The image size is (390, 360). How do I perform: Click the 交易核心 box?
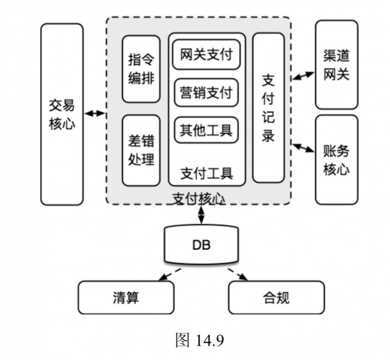click(62, 114)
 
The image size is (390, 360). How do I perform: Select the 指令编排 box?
click(141, 69)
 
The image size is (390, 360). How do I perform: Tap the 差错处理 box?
click(141, 150)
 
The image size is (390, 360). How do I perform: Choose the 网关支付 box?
click(206, 55)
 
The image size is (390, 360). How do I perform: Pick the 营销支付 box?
click(206, 93)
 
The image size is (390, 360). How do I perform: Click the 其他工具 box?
click(206, 130)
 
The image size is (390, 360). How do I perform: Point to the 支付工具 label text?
click(207, 173)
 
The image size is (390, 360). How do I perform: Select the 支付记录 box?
click(268, 108)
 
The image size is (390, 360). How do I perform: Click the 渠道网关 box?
click(336, 65)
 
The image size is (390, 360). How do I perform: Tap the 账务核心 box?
click(336, 160)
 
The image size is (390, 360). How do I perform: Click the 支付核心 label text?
click(198, 199)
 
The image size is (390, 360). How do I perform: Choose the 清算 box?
click(126, 297)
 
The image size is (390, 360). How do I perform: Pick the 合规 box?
click(276, 297)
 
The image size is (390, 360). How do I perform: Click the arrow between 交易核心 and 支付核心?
click(95, 113)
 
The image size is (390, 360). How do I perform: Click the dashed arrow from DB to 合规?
click(238, 274)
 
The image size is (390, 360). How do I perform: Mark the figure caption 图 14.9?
click(200, 341)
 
